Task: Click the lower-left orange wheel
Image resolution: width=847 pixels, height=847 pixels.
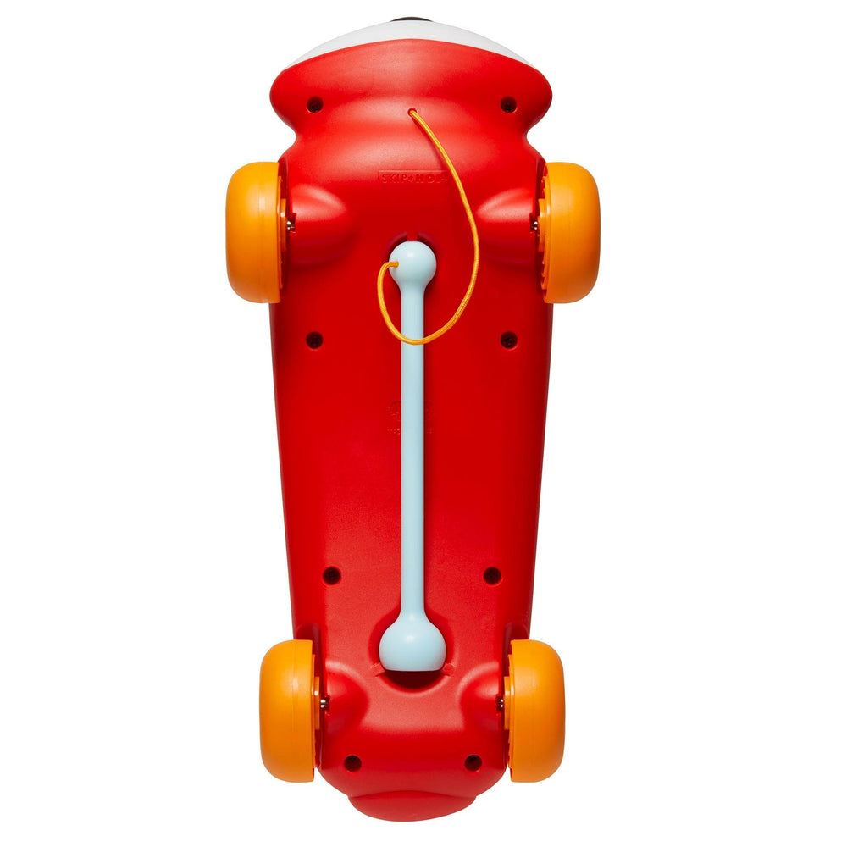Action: tap(287, 710)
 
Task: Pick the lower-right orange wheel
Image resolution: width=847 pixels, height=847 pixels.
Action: tap(535, 710)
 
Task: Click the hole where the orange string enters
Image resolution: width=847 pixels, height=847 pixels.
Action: tap(412, 112)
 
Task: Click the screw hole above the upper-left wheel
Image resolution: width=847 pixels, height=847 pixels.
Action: tap(315, 105)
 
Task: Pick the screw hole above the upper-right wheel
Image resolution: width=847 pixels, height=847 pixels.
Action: tap(508, 105)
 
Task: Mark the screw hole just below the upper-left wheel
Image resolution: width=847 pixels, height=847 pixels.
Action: tap(314, 340)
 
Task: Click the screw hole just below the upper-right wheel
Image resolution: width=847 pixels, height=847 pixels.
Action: tap(508, 340)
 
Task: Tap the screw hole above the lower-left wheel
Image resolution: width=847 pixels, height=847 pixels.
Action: tap(332, 575)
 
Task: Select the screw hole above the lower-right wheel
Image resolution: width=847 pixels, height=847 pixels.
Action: tap(492, 575)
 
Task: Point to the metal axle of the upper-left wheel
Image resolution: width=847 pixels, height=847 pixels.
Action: tap(291, 224)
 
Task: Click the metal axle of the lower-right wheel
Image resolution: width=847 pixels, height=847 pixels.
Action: tap(500, 703)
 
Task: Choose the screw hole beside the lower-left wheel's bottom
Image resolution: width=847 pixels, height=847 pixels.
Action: tap(352, 762)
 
